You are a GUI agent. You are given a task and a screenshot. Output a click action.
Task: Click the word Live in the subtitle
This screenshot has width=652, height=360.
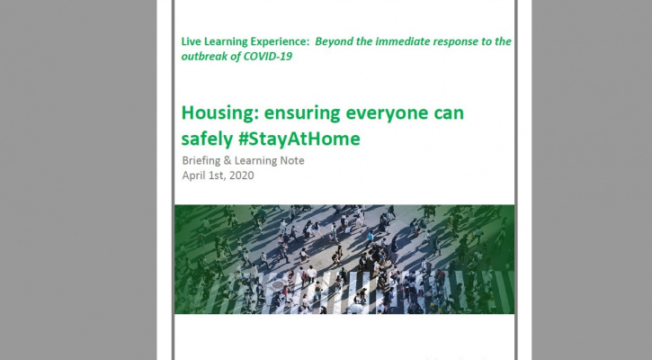pyautogui.click(x=192, y=42)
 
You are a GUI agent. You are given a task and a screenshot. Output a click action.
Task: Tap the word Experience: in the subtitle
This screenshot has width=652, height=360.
pyautogui.click(x=283, y=42)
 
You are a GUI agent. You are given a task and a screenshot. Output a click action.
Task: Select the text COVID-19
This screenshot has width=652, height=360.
pyautogui.click(x=270, y=57)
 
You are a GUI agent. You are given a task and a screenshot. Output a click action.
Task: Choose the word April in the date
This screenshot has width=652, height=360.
pyautogui.click(x=195, y=175)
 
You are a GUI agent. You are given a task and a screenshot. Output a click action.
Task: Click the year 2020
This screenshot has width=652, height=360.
pyautogui.click(x=240, y=175)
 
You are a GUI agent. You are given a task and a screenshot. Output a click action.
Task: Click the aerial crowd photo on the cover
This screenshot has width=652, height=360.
pyautogui.click(x=344, y=259)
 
